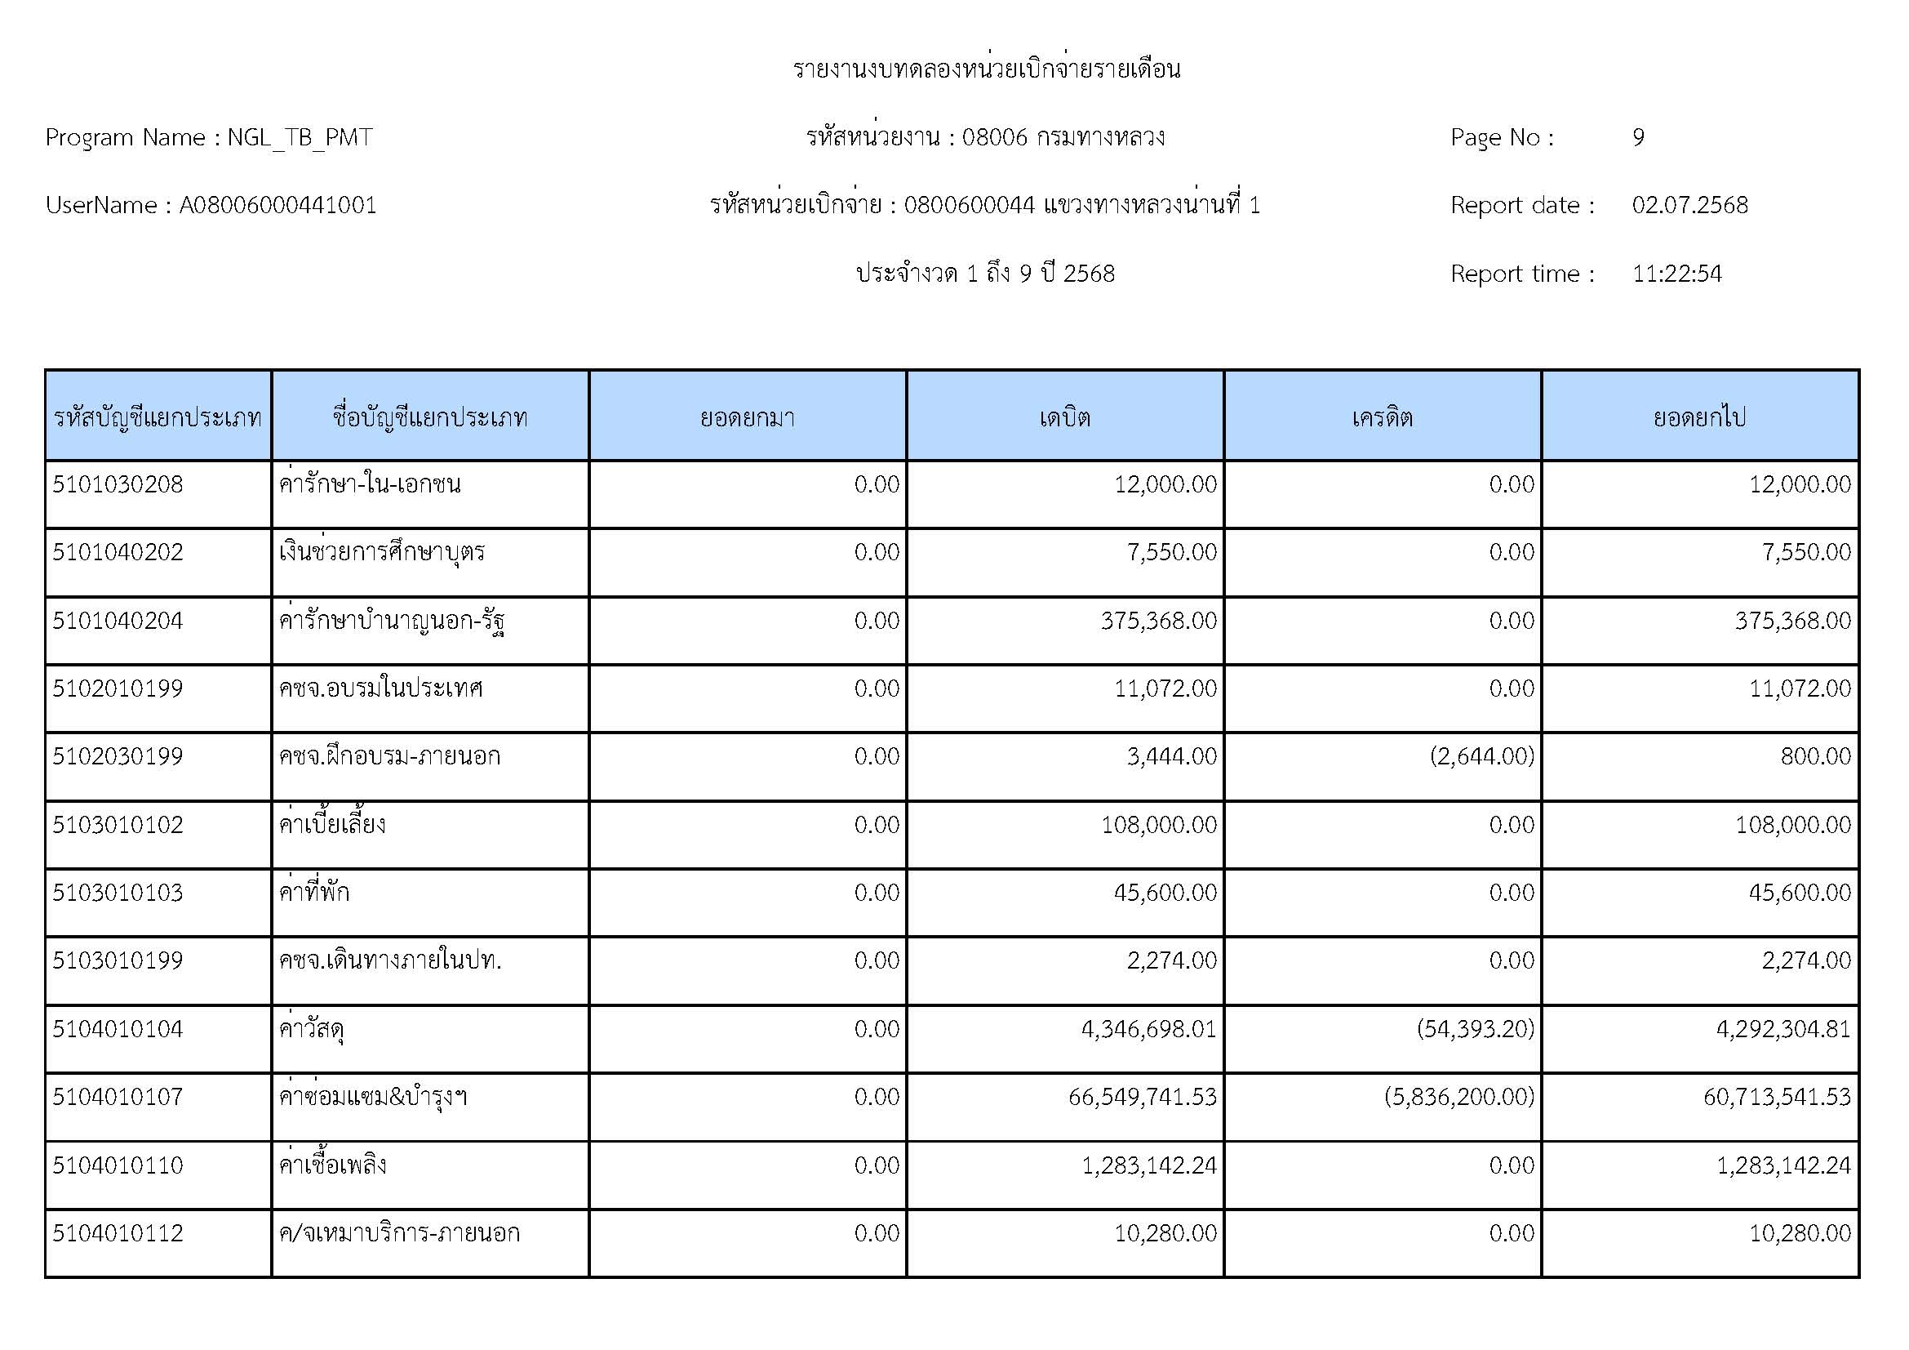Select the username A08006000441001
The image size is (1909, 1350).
(x=277, y=206)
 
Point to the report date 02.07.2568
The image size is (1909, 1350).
(x=1689, y=206)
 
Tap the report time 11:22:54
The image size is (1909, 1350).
(x=1676, y=274)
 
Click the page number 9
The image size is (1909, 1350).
(x=1638, y=137)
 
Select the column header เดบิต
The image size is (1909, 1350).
(x=1064, y=417)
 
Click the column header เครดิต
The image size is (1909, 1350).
(x=1382, y=417)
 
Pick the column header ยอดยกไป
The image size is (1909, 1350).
(x=1699, y=417)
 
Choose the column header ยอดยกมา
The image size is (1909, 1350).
(x=747, y=417)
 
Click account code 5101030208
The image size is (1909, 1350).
(x=118, y=484)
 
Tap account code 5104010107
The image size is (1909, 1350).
(x=118, y=1097)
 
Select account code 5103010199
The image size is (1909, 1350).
(x=118, y=960)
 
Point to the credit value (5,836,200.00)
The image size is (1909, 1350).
(x=1459, y=1097)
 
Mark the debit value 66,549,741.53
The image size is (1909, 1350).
(x=1143, y=1097)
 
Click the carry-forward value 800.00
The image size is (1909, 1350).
(x=1816, y=756)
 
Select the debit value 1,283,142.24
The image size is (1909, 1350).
(x=1149, y=1165)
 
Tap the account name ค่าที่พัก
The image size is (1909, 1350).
(x=314, y=893)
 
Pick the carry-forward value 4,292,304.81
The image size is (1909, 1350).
(x=1783, y=1029)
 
